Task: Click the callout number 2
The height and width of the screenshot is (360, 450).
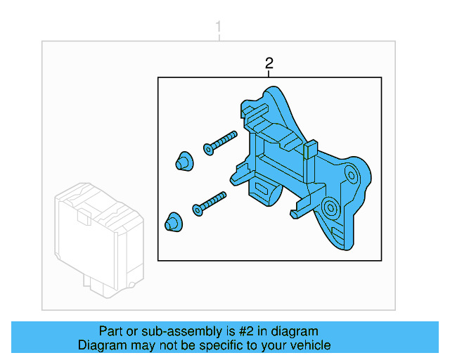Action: point(269,64)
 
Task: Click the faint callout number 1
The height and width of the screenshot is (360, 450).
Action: point(218,28)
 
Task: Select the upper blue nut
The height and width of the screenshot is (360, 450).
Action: point(183,160)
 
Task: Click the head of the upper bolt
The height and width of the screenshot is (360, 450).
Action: point(207,148)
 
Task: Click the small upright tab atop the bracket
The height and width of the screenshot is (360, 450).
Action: point(310,149)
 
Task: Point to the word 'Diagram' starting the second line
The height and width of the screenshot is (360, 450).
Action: point(100,345)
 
